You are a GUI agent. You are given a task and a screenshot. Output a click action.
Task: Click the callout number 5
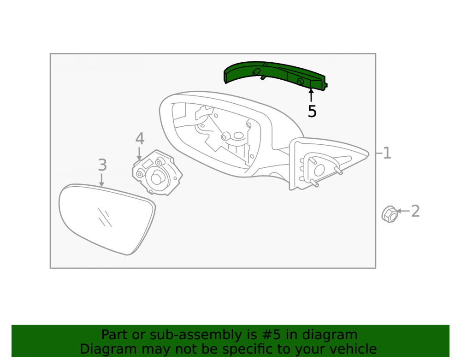point(312,112)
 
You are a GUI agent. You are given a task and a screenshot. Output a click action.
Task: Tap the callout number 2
point(415,211)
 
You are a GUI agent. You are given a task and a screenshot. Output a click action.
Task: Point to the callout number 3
point(102,165)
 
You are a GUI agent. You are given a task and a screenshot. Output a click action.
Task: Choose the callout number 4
point(140,139)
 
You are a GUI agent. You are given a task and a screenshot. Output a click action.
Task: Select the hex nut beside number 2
point(390,214)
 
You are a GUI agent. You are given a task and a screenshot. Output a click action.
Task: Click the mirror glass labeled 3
point(107,219)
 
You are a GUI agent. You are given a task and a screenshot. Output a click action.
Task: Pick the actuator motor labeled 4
point(157,173)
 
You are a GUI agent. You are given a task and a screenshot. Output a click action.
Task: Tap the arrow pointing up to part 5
point(311,95)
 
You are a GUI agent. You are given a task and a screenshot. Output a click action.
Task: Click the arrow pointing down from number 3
point(102,180)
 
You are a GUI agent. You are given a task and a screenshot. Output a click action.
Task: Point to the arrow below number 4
point(139,153)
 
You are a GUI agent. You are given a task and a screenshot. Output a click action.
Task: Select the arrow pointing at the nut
point(403,211)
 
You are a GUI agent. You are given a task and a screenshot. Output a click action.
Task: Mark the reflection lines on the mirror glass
point(105,218)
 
